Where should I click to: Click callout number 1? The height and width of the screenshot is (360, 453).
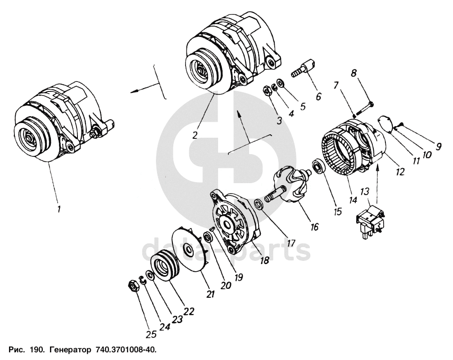click(x=58, y=209)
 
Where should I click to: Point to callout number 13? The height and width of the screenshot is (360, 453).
click(x=365, y=191)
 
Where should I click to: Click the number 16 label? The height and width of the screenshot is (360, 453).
click(x=314, y=227)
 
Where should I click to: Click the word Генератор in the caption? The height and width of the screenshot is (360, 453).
click(x=71, y=350)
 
